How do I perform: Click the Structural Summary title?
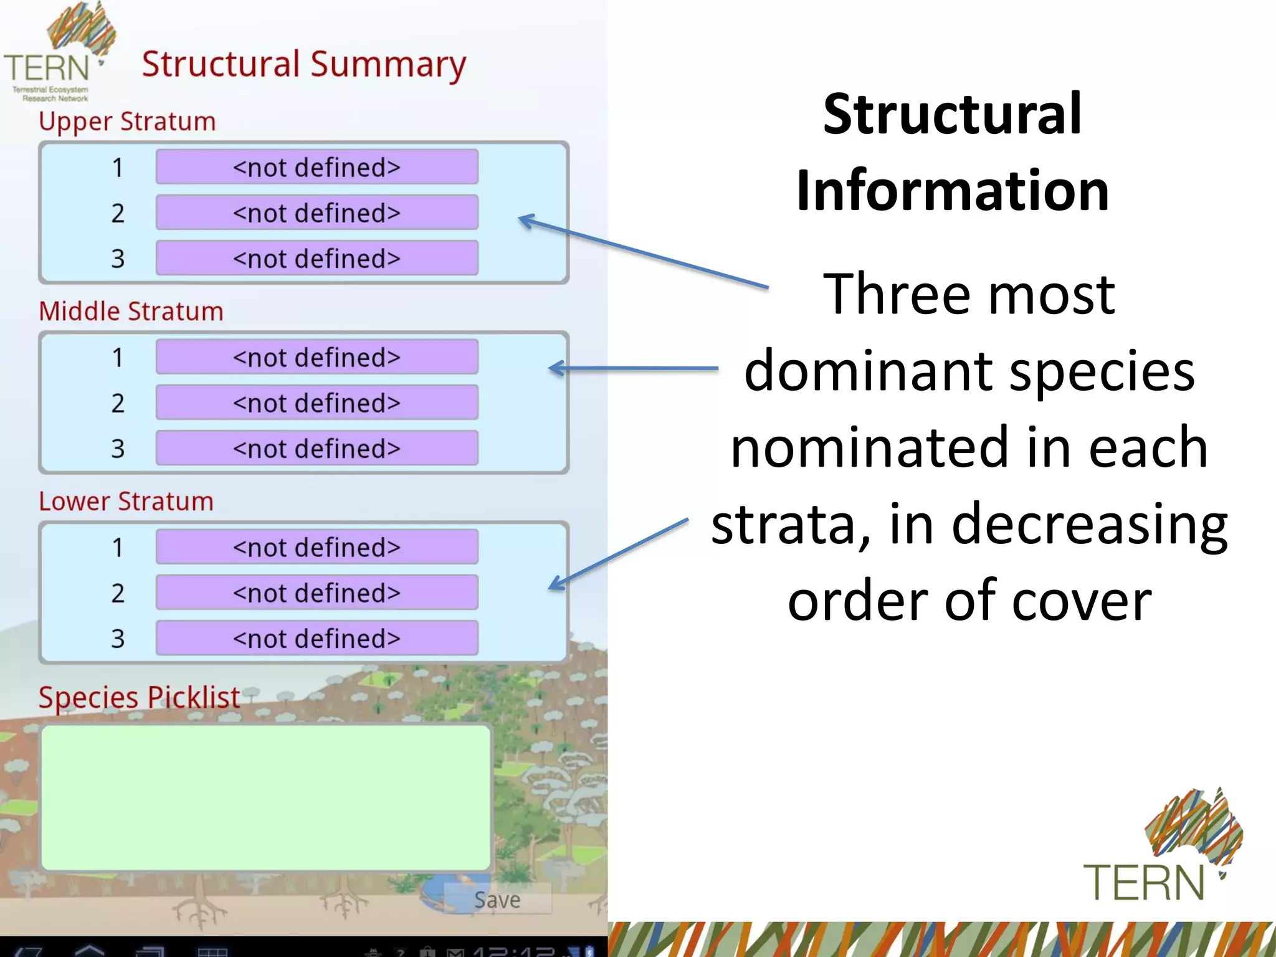click(x=303, y=65)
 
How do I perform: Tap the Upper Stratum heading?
click(x=127, y=121)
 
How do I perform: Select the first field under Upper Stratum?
click(x=317, y=167)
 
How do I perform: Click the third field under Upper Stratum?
click(x=317, y=258)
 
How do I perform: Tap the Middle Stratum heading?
click(x=131, y=312)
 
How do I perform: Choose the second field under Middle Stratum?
click(x=317, y=402)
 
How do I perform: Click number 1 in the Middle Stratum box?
click(x=118, y=358)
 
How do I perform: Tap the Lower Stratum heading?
click(x=126, y=502)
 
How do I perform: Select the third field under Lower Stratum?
click(x=317, y=638)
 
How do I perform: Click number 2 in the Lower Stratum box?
click(x=118, y=593)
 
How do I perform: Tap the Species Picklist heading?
click(x=139, y=697)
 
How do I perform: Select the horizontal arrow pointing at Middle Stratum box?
click(x=632, y=369)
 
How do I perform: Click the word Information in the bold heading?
click(x=952, y=191)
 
